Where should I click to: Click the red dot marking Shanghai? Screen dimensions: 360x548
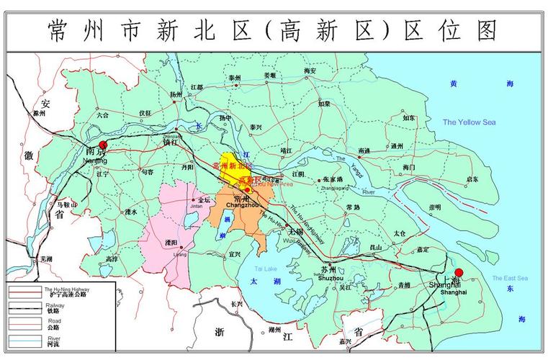click(x=459, y=274)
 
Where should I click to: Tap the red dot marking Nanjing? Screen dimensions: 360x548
click(x=103, y=146)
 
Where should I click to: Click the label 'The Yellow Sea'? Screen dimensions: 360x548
click(x=469, y=122)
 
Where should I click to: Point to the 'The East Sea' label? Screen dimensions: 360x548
click(x=510, y=279)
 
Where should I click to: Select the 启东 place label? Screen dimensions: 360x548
click(x=472, y=179)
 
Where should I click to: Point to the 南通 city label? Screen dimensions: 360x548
click(x=364, y=151)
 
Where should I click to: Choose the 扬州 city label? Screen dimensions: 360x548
click(x=176, y=94)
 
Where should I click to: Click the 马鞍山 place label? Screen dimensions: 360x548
click(x=66, y=205)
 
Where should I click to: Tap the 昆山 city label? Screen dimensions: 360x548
click(x=374, y=247)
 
